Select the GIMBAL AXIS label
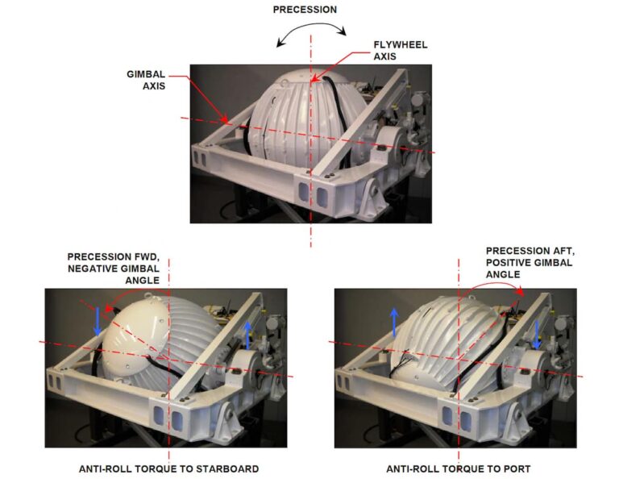(147, 80)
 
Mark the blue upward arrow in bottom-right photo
(394, 321)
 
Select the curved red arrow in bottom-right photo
(492, 286)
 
